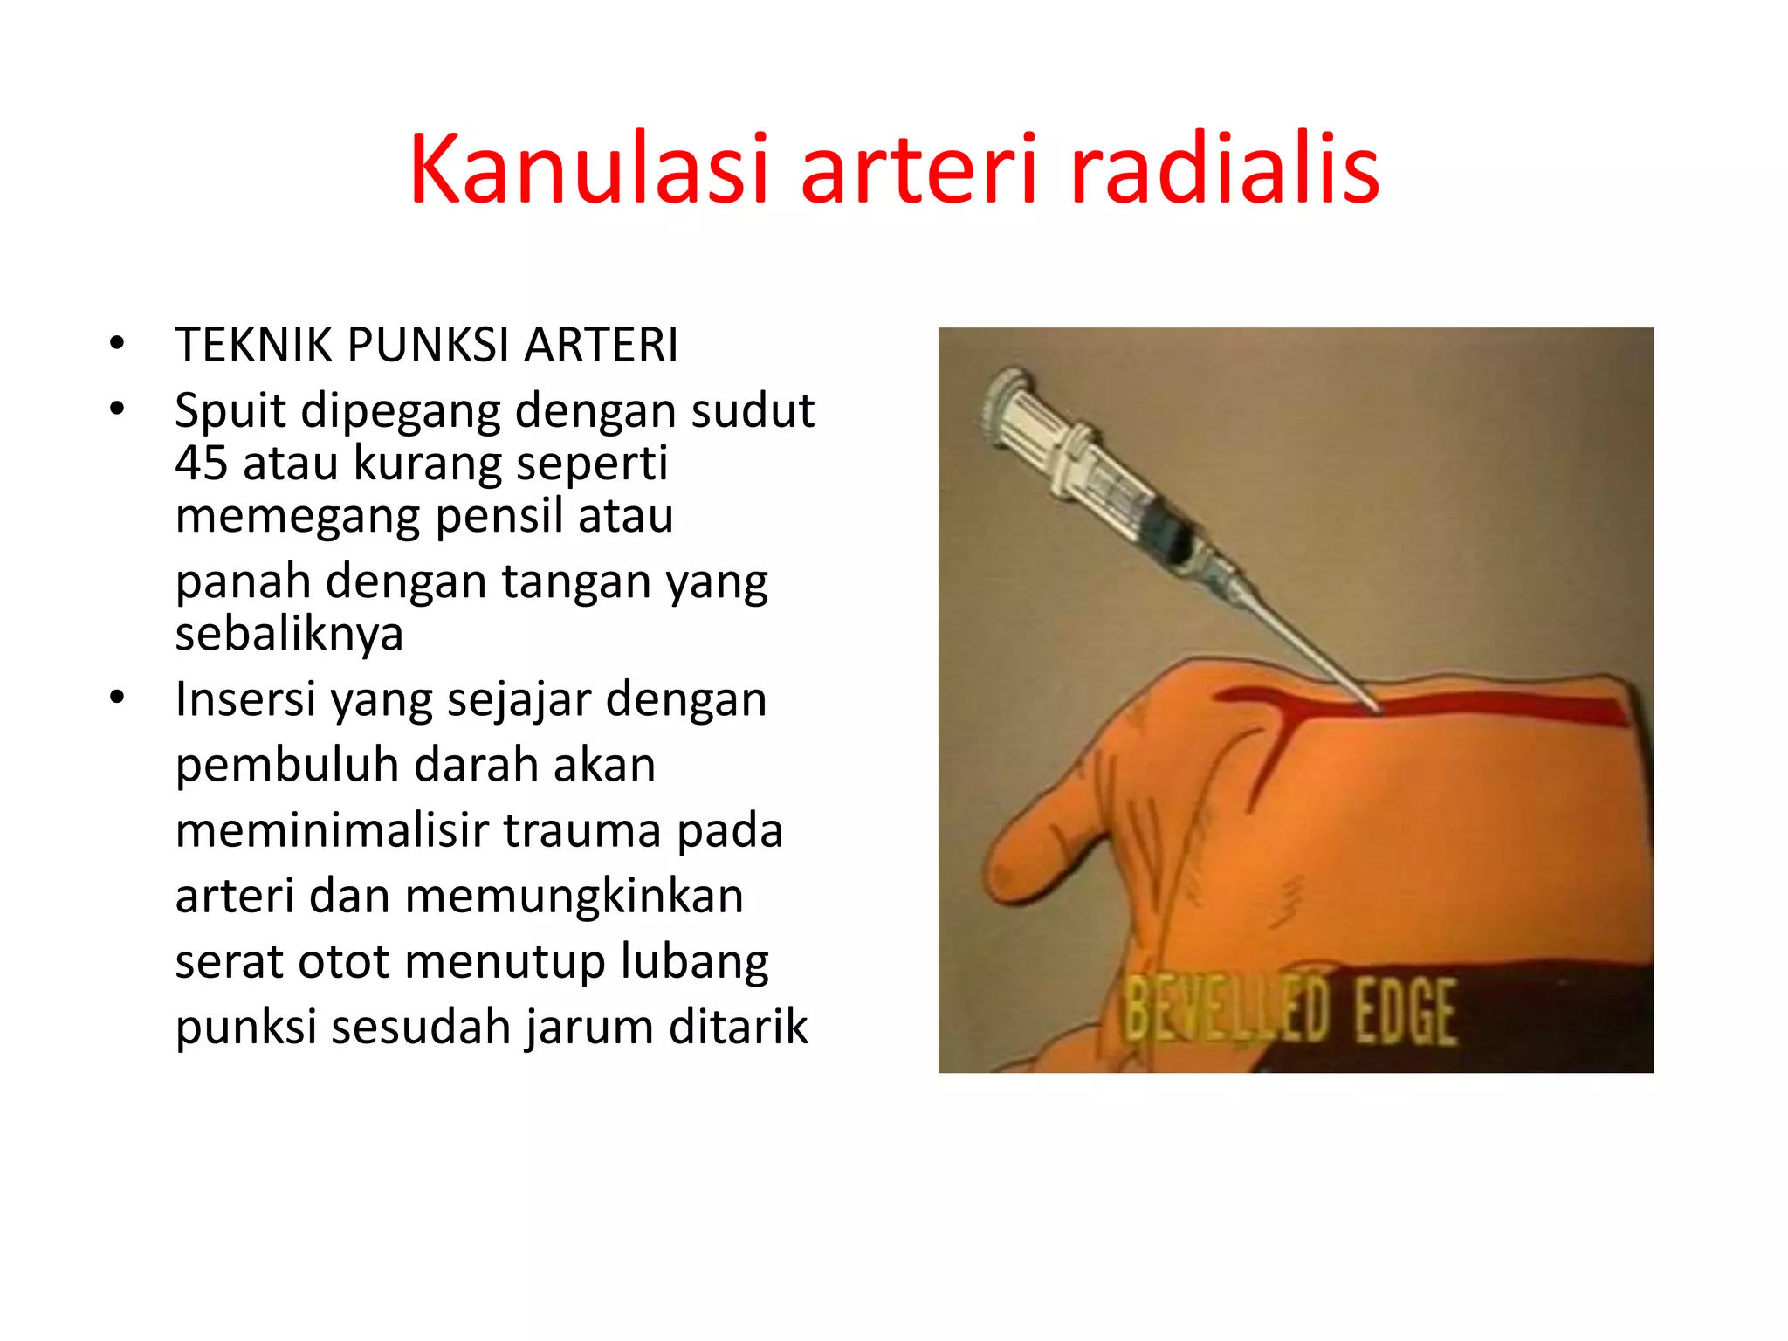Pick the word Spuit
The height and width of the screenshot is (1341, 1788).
click(x=230, y=412)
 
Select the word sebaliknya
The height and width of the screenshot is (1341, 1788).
click(x=289, y=634)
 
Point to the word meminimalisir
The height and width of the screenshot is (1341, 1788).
click(x=332, y=830)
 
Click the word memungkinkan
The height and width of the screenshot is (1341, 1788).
click(x=574, y=897)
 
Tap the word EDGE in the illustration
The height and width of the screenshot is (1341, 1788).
click(x=1405, y=1013)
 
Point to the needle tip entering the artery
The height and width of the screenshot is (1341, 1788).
click(x=1377, y=707)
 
